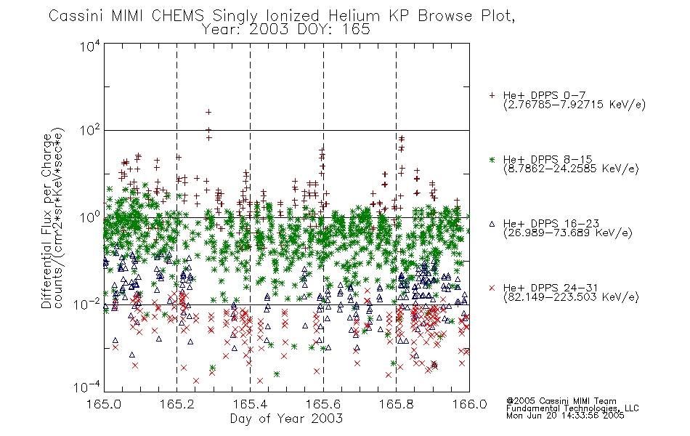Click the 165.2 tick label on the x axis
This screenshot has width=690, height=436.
(177, 404)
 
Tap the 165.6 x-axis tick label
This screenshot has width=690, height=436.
(323, 404)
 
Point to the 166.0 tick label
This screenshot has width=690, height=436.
(469, 404)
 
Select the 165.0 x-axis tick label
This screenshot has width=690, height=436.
(104, 404)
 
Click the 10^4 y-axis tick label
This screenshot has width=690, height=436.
(90, 46)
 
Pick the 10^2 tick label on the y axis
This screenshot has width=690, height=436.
(90, 130)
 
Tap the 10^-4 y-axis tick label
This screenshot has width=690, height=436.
(87, 387)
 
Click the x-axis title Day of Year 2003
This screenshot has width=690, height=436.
(286, 419)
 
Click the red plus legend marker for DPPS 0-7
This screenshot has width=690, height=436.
(492, 95)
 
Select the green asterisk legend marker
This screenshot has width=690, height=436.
(492, 160)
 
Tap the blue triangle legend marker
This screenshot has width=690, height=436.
(492, 224)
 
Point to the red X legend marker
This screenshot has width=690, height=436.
(492, 288)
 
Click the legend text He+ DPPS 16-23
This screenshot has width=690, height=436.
(551, 224)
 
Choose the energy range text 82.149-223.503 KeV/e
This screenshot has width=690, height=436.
(571, 297)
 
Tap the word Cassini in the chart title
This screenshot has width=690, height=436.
(76, 16)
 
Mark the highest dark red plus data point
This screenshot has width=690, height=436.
(208, 113)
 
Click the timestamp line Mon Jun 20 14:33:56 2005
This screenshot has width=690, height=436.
(565, 416)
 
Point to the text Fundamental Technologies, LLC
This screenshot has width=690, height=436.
(572, 408)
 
